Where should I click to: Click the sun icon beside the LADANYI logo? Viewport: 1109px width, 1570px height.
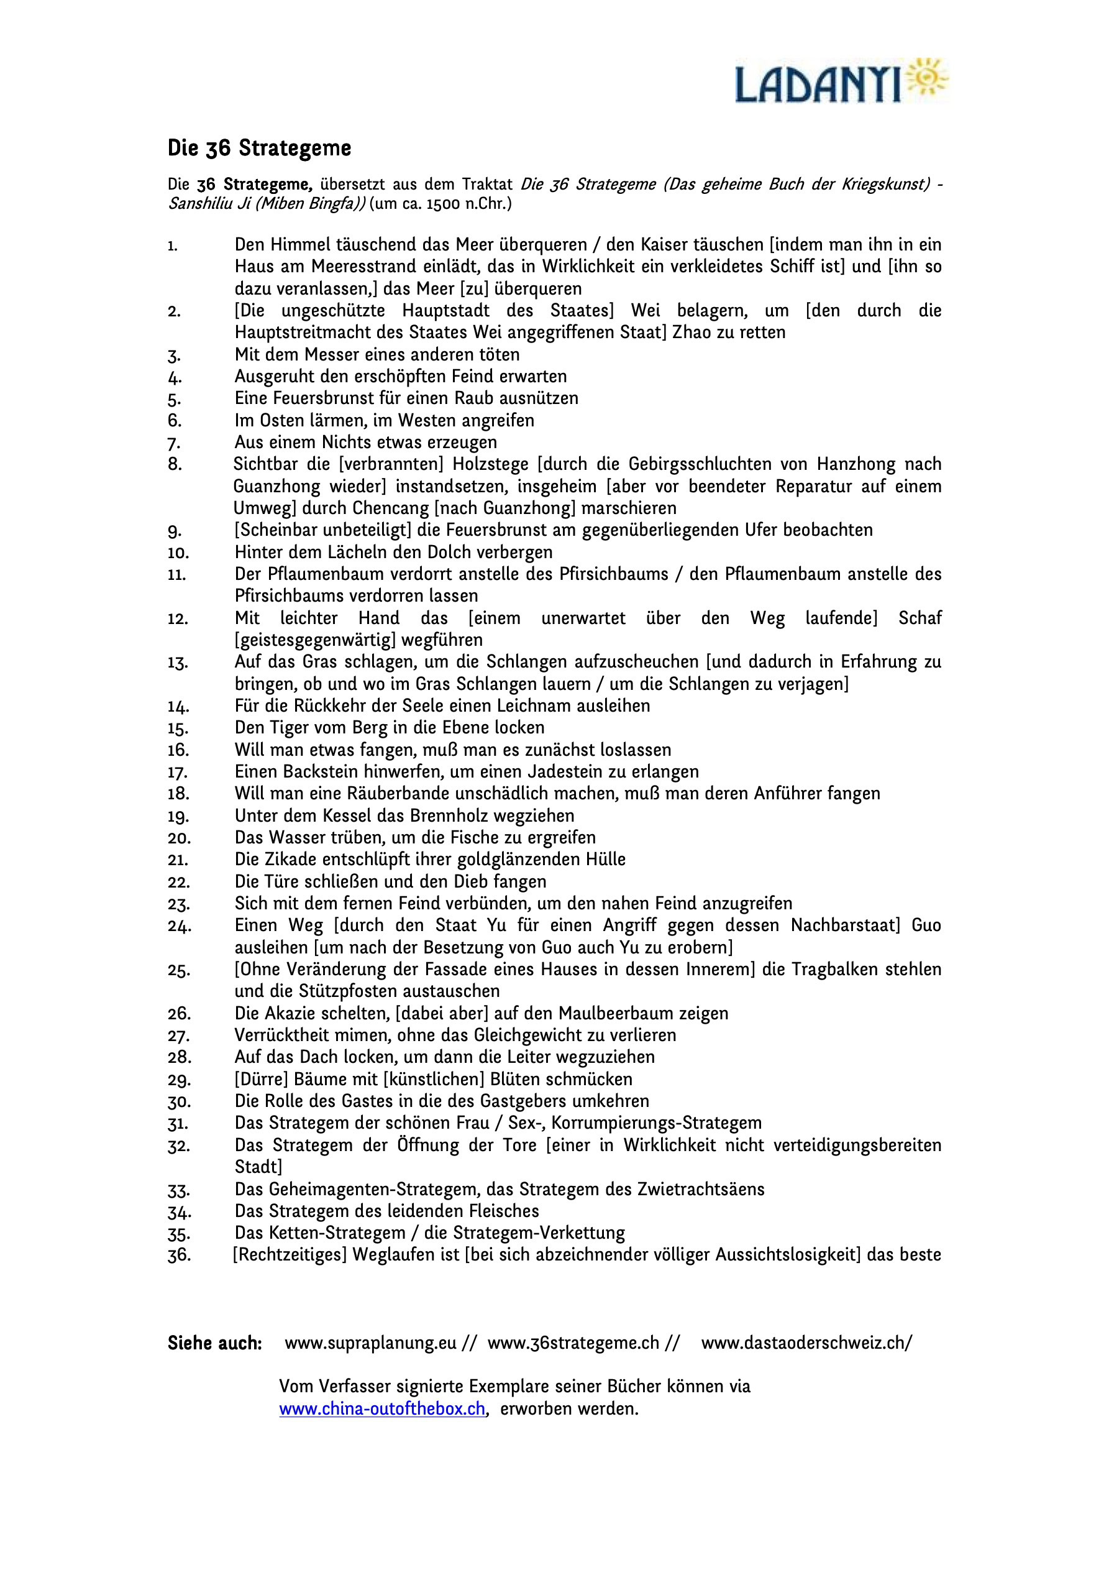pyautogui.click(x=928, y=79)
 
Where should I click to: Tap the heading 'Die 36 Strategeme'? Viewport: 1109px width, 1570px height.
pyautogui.click(x=259, y=148)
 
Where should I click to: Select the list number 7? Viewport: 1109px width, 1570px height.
pyautogui.click(x=175, y=444)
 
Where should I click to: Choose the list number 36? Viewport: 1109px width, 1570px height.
pyautogui.click(x=179, y=1256)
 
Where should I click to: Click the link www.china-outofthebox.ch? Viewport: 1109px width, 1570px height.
pyautogui.click(x=382, y=1409)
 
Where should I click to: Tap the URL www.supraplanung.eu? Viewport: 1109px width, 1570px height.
pyautogui.click(x=370, y=1344)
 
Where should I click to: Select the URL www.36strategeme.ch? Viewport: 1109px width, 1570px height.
pyautogui.click(x=573, y=1344)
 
